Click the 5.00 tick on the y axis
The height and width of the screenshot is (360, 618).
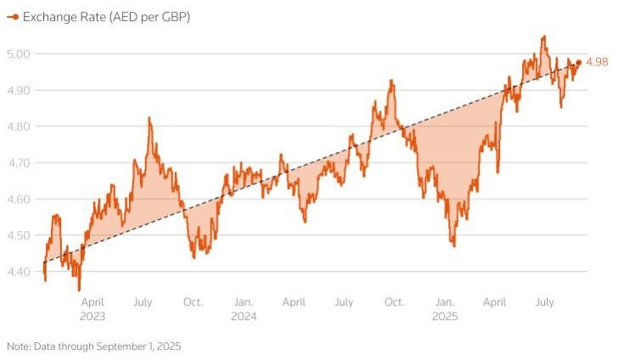[x=19, y=53]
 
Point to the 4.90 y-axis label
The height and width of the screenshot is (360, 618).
[x=19, y=90]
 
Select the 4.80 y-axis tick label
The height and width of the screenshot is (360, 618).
[x=19, y=127]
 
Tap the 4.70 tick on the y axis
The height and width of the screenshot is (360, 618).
[x=19, y=162]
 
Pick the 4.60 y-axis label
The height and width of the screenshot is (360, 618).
[x=19, y=199]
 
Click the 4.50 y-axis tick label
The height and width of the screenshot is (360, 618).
[x=19, y=235]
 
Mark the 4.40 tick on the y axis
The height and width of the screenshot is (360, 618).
[x=19, y=272]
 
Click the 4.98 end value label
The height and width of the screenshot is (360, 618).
[x=597, y=62]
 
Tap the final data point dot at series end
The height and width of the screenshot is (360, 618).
[x=579, y=62]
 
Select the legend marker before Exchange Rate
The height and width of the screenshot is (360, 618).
[x=13, y=17]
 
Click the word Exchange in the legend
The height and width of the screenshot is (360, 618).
[x=52, y=17]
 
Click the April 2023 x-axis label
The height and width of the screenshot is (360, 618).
[x=93, y=308]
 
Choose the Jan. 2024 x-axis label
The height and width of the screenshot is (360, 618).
[x=244, y=308]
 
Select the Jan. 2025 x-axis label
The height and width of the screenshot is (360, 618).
[x=445, y=308]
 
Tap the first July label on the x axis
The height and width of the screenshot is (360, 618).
[x=143, y=301]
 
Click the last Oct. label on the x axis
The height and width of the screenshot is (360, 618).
[x=394, y=301]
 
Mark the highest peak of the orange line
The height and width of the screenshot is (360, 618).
[x=543, y=36]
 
